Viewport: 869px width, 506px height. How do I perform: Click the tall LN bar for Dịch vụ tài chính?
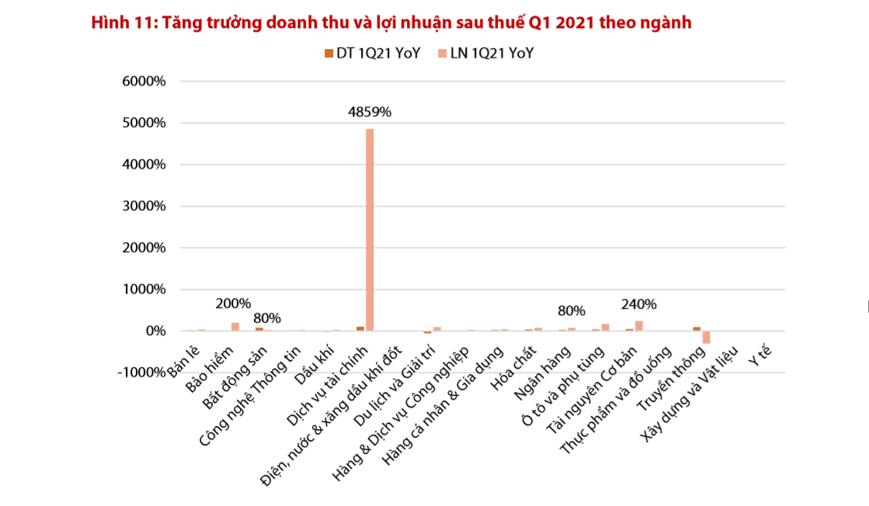click(370, 230)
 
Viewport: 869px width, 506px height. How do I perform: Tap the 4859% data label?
click(370, 112)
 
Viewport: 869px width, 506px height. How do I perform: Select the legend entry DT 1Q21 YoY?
click(372, 54)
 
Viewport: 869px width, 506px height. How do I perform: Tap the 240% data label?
click(639, 304)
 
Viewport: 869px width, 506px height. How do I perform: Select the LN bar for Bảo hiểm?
click(235, 327)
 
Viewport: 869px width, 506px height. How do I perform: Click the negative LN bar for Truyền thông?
click(707, 337)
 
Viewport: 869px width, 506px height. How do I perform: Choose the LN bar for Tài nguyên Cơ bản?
click(639, 326)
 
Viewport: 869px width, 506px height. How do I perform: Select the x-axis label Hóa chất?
click(516, 372)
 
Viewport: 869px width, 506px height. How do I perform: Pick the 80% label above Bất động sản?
click(267, 318)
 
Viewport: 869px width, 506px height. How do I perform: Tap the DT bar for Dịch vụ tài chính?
click(360, 328)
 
